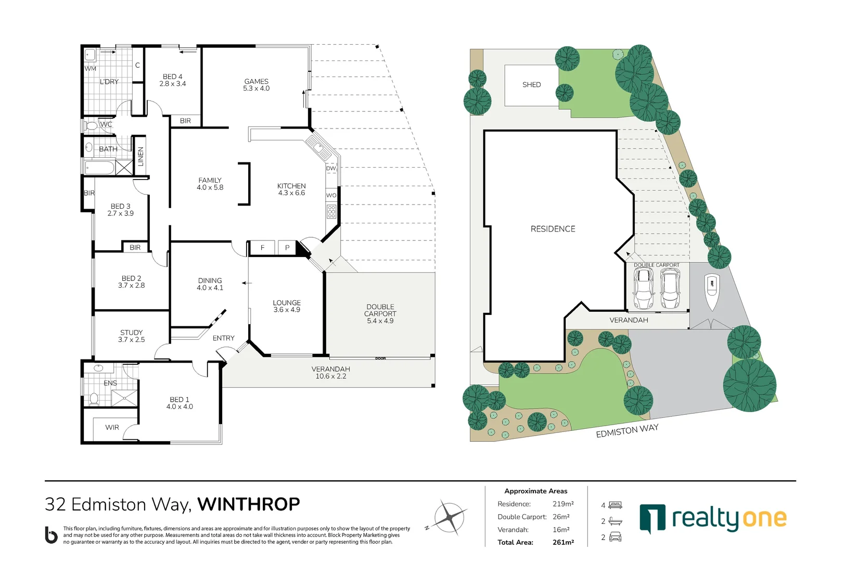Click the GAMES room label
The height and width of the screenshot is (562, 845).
coord(256,82)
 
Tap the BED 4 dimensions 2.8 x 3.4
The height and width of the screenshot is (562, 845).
coord(173,84)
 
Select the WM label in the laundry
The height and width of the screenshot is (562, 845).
coord(91,69)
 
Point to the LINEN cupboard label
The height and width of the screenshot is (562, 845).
coord(140,157)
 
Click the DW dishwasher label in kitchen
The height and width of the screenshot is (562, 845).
coord(331,169)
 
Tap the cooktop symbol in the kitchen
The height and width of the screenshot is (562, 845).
coord(331,212)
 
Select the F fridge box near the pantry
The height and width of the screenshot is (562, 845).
coord(262,248)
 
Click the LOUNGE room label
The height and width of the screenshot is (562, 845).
coord(287,303)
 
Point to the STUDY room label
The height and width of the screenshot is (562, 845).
coord(131,333)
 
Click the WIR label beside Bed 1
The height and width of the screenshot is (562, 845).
coord(112,428)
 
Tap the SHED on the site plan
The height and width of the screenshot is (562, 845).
coord(531,85)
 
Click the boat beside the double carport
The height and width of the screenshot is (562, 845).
coord(712,291)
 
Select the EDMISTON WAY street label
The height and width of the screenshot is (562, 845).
coord(627,431)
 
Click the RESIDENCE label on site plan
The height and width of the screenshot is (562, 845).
coord(553,229)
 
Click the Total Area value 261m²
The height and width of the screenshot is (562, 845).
coord(563,542)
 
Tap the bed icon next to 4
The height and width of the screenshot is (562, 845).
coord(616,505)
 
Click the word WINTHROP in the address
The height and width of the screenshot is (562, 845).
coord(249,504)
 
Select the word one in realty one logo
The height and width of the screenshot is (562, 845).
coord(764,518)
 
